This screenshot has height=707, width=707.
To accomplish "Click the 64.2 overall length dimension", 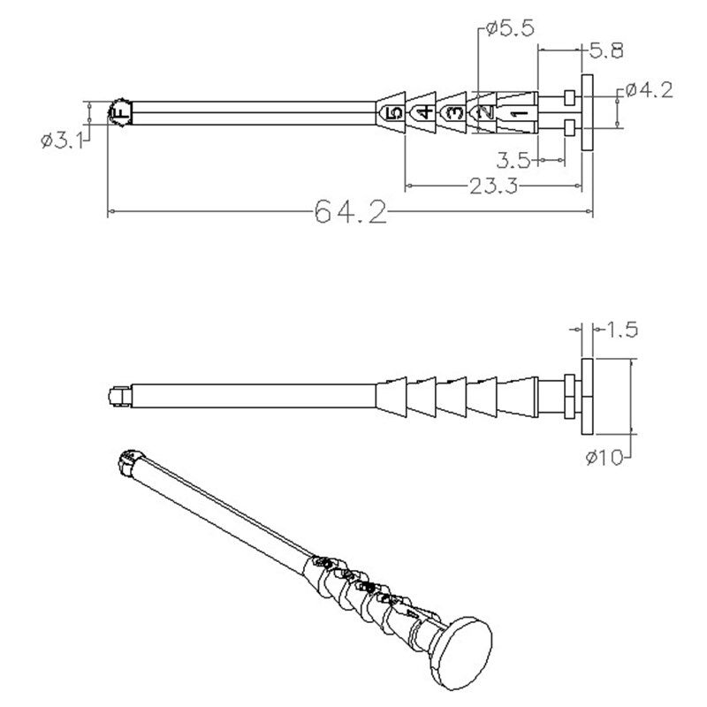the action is [x=350, y=212].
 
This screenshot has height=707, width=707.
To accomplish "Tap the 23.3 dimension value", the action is [x=494, y=186].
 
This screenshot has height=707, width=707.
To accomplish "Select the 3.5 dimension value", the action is [x=513, y=160].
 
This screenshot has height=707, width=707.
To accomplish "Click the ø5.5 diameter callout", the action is [x=511, y=29].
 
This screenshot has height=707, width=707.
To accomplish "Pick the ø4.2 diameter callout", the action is [x=649, y=91].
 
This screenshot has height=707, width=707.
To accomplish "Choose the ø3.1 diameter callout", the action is [x=62, y=141].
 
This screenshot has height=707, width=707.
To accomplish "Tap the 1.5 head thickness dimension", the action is [x=621, y=330].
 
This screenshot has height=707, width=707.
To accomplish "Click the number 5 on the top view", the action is [x=394, y=113].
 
